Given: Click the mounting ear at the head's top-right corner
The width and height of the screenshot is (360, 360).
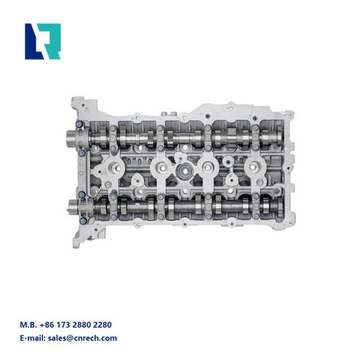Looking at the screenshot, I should [288, 115].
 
